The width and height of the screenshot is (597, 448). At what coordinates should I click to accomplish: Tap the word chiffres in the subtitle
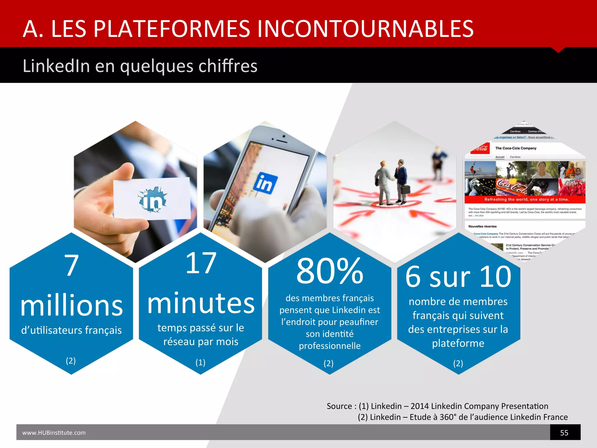pos(228,66)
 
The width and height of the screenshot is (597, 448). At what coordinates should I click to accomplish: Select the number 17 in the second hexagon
pos(201,263)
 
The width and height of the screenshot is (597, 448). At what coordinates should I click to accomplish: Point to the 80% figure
pos(330,271)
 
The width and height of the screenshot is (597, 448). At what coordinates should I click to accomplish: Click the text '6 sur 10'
pos(458,276)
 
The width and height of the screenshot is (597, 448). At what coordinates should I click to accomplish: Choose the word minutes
pos(201,303)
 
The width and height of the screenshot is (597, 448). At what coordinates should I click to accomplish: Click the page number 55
pos(564,433)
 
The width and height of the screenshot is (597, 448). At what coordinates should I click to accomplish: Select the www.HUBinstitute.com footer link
pos(54,433)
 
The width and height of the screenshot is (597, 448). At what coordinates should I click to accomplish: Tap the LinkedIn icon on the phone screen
pos(265,183)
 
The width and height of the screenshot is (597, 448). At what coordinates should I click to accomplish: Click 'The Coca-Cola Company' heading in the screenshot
pos(516,148)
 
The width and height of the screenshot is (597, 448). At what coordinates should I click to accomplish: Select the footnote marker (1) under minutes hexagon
pos(200,362)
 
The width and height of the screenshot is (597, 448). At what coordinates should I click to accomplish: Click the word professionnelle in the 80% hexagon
pos(330,346)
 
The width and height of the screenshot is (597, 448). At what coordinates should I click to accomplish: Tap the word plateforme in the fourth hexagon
pos(458,343)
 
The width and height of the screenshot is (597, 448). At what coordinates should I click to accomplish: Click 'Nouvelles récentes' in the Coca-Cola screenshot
pos(482,226)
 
